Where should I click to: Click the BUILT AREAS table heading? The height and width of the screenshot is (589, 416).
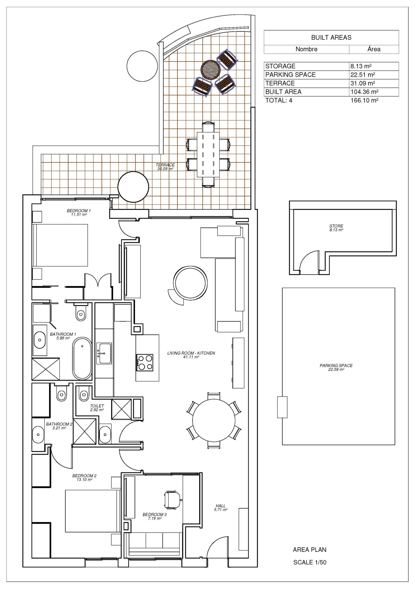[331, 37]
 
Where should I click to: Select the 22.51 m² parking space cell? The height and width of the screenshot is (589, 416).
[362, 75]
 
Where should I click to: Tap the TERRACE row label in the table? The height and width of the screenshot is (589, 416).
[280, 83]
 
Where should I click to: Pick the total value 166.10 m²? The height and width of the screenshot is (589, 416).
[364, 100]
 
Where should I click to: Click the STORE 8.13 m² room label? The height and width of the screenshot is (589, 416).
[336, 228]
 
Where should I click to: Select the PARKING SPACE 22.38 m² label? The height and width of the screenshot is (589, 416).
[336, 367]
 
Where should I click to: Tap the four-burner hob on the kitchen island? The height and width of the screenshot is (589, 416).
[145, 362]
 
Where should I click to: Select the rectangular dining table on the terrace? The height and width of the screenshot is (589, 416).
[208, 155]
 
